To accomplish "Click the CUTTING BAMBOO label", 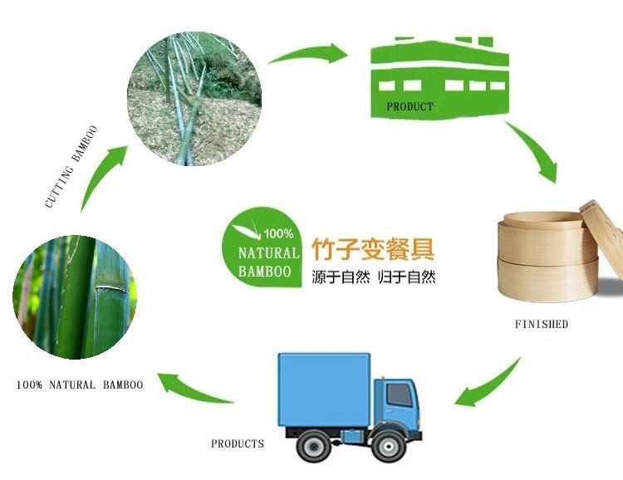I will [71, 165].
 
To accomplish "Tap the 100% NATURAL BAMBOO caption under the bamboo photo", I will [80, 384].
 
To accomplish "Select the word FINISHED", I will [541, 324].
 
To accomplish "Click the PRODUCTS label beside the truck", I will [238, 443].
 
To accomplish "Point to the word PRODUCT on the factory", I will [410, 106].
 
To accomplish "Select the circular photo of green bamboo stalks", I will [75, 296].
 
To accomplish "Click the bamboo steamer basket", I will [548, 257].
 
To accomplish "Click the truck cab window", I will [400, 395].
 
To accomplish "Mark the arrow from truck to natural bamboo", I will [195, 387].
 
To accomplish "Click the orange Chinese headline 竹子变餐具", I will [373, 250].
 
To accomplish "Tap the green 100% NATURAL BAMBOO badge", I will [261, 248].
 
